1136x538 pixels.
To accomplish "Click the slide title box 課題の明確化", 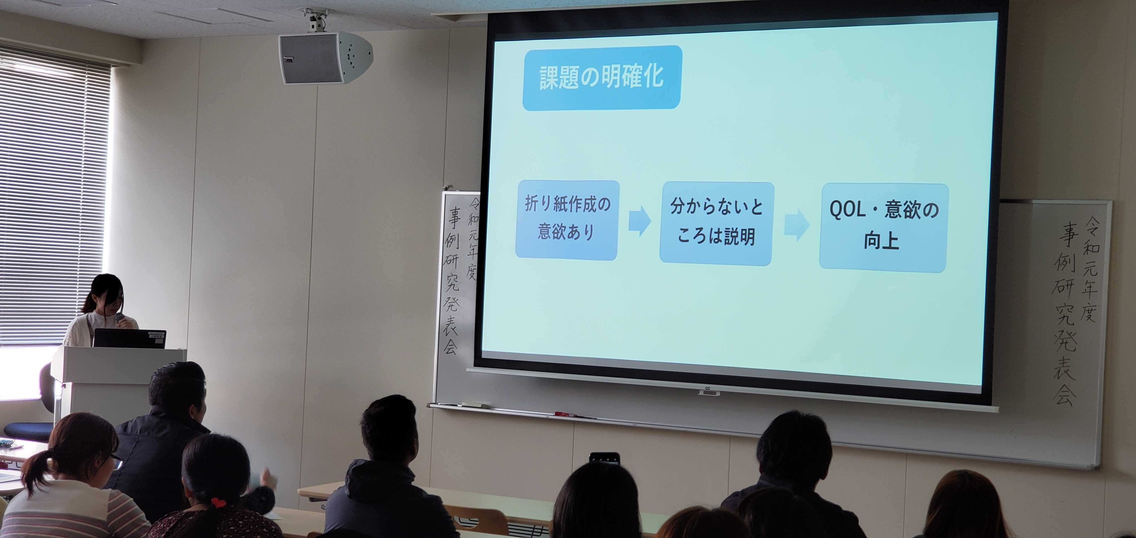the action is click(x=602, y=78).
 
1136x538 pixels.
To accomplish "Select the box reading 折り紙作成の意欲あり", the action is click(x=567, y=220).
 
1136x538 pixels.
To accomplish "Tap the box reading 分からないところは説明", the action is click(x=716, y=223).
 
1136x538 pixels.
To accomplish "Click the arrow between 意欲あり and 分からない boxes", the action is click(x=640, y=221).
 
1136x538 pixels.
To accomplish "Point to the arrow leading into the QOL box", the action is click(x=796, y=225).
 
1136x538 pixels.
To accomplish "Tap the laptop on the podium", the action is click(x=129, y=339).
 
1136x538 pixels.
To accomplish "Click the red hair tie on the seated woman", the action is click(x=218, y=502).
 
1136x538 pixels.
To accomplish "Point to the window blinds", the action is click(x=53, y=199).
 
